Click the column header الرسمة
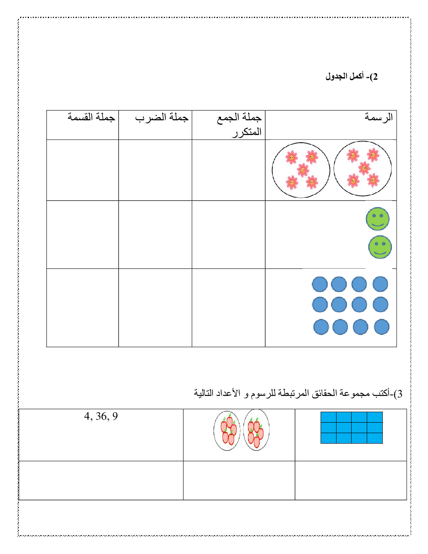point(378,117)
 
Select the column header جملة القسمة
point(91,117)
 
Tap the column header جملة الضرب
point(162,118)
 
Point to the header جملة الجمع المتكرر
point(240,124)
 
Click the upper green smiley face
point(378,219)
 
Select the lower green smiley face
point(380,247)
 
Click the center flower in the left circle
point(303,170)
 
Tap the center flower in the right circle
point(364,168)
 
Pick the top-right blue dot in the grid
point(380,284)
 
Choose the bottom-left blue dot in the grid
point(321,327)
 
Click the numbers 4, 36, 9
point(101,416)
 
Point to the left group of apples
point(227,430)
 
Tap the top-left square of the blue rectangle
point(329,417)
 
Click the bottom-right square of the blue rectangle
point(375,438)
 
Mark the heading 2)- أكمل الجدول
point(352,76)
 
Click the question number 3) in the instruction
point(398,394)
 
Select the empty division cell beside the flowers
point(83,170)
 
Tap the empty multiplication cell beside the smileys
point(155,235)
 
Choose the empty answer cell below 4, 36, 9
point(101,480)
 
